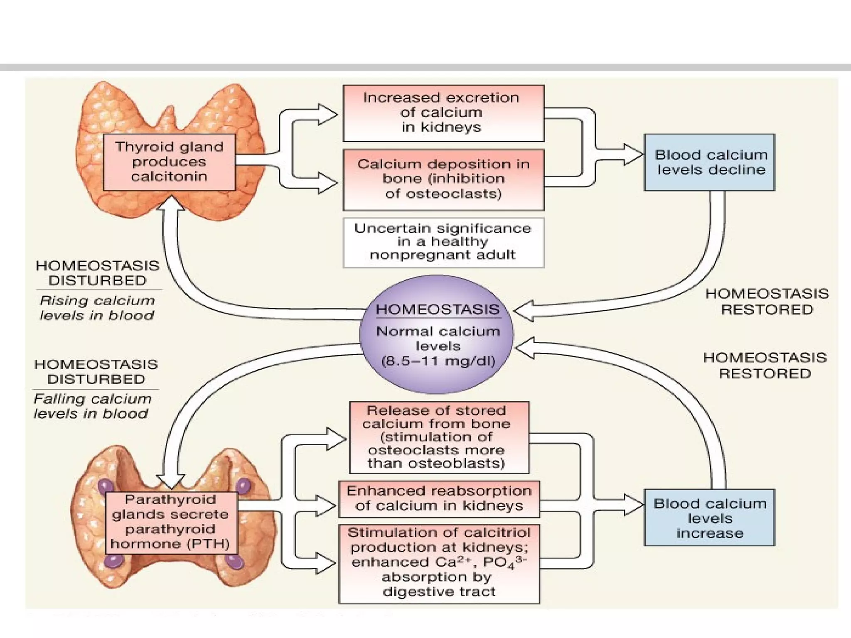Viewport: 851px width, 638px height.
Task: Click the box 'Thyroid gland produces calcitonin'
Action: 169,162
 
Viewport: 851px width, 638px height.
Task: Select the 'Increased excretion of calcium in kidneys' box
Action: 443,113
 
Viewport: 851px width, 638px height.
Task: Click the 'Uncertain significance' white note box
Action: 443,242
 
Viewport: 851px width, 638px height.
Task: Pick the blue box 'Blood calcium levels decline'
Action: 709,162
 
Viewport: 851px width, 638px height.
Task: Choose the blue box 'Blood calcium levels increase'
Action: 709,518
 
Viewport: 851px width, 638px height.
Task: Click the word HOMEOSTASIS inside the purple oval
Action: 437,309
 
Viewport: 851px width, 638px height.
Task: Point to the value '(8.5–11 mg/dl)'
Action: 438,361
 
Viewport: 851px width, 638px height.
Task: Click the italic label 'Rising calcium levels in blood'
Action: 97,308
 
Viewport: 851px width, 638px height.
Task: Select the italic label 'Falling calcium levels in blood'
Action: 92,406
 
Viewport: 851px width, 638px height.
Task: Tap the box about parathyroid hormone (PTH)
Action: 171,522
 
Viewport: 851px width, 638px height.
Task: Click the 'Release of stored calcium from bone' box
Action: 439,437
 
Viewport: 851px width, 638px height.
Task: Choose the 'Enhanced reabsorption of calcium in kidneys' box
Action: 439,498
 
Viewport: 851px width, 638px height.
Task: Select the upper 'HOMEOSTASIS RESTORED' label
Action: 767,302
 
